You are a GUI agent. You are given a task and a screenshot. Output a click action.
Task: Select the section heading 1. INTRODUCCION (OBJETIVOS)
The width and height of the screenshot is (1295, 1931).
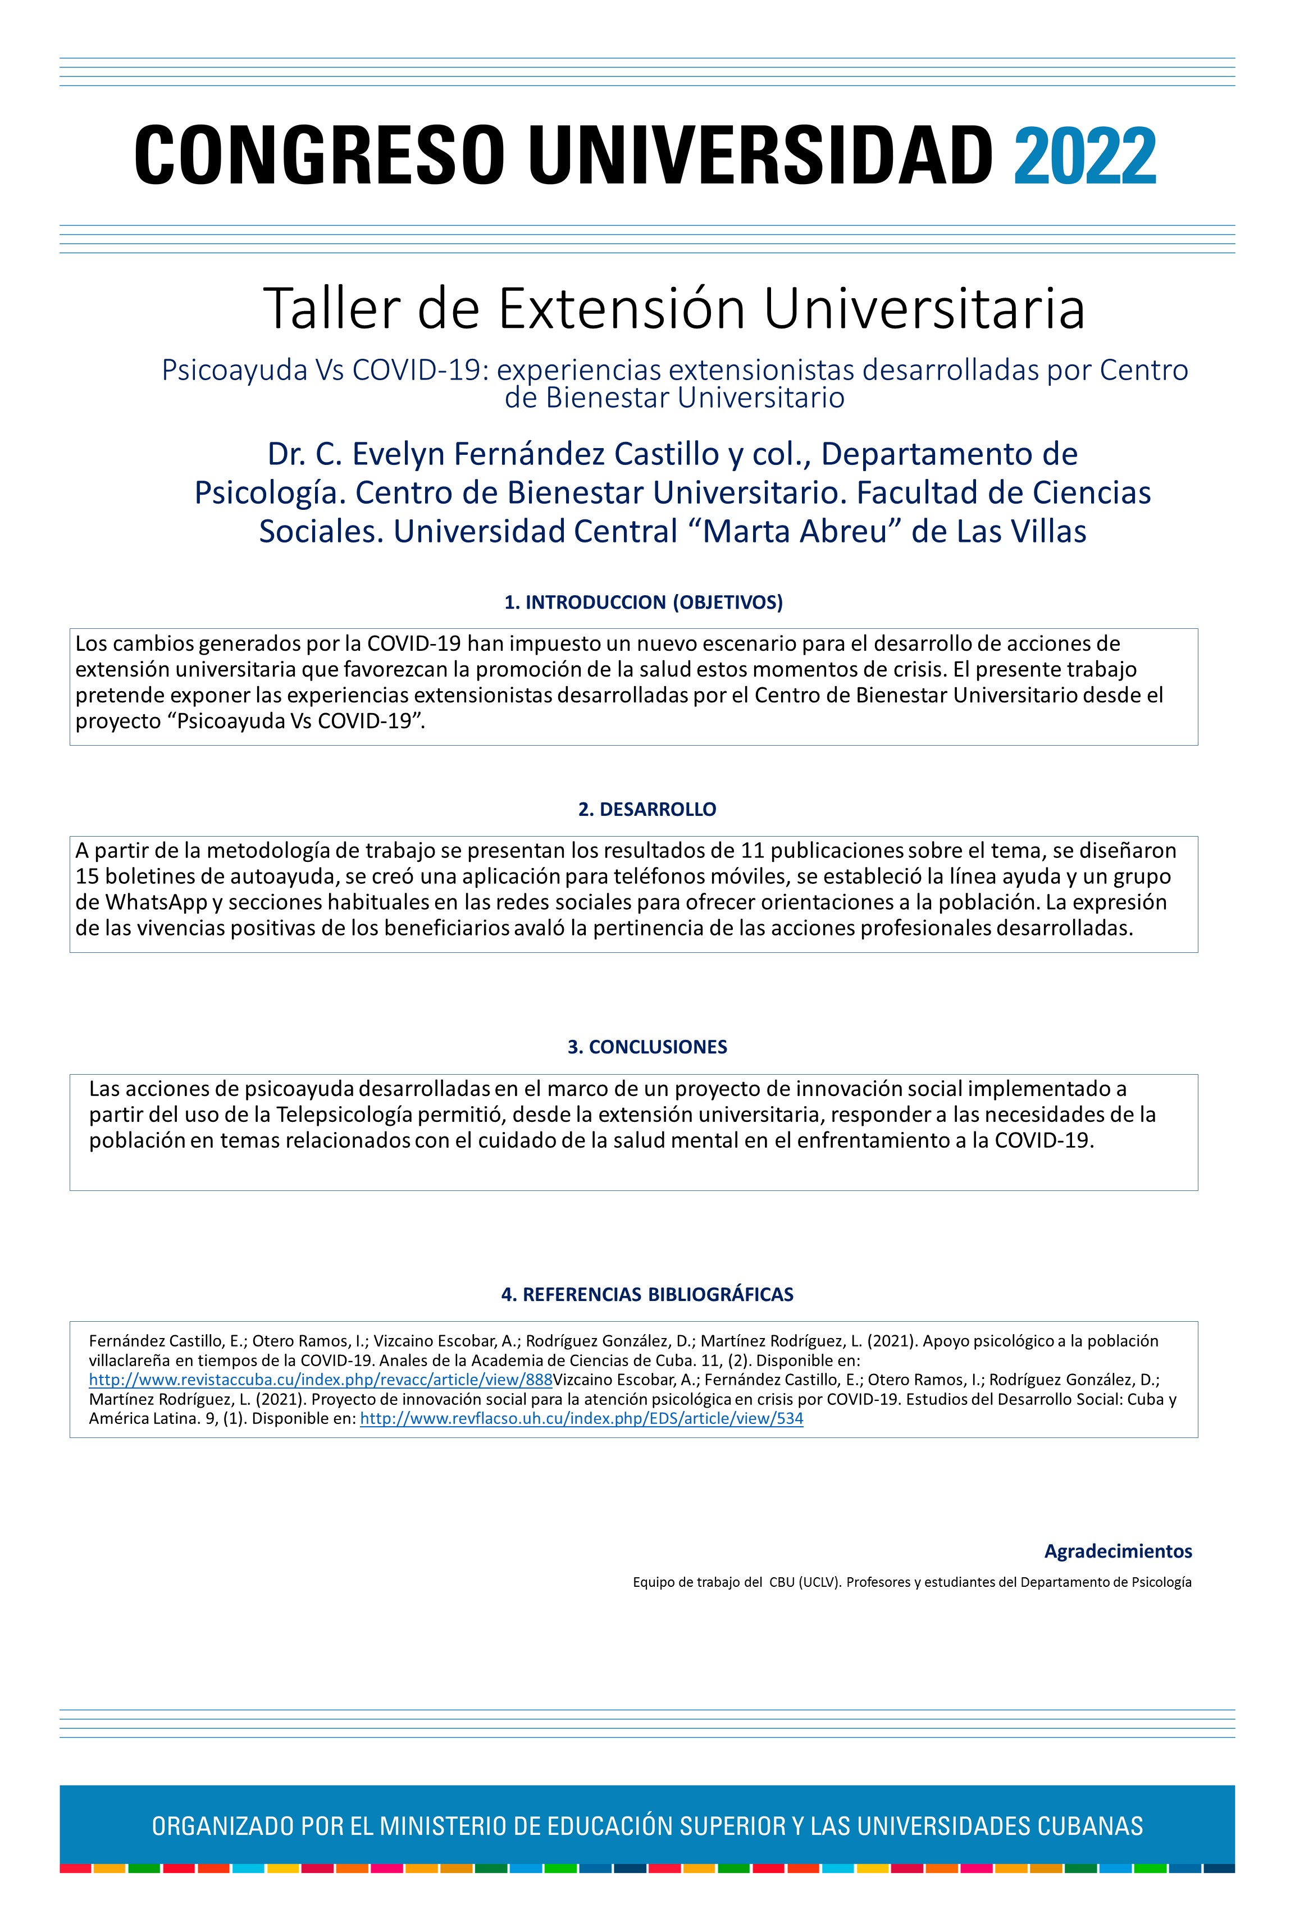(644, 602)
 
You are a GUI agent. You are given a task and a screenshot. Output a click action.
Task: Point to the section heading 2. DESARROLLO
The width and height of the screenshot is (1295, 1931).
(647, 809)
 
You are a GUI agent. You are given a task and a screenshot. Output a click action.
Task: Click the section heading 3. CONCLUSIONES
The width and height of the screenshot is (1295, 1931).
(647, 1047)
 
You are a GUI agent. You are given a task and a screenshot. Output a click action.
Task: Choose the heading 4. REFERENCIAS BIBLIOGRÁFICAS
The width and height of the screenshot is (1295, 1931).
(647, 1294)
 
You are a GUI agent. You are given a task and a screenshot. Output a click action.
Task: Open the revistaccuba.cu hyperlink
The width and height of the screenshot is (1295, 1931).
(321, 1380)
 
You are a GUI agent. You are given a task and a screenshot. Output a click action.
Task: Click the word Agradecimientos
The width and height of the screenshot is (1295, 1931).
(1118, 1551)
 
